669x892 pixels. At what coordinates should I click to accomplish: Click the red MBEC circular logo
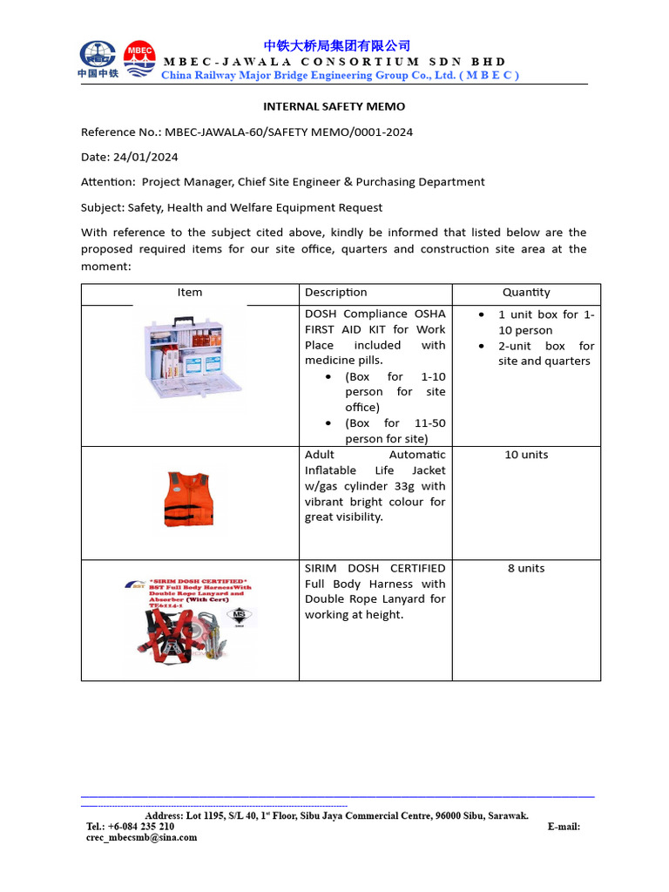tap(140, 57)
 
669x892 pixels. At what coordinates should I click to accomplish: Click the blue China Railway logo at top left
tap(98, 58)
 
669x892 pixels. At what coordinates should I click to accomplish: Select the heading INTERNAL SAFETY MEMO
tap(334, 106)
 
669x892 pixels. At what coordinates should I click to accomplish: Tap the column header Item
tap(190, 293)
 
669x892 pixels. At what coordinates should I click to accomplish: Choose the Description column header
tap(336, 293)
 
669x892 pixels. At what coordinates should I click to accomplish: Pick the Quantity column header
tap(526, 293)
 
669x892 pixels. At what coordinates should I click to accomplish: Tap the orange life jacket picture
tap(188, 499)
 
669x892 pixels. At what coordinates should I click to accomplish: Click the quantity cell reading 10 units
tap(526, 455)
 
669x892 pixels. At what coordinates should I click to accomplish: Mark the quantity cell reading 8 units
tap(526, 568)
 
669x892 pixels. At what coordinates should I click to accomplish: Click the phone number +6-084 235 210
tap(141, 827)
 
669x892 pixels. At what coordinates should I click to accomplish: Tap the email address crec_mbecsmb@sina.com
tap(141, 838)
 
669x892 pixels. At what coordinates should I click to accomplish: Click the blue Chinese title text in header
tap(336, 46)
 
